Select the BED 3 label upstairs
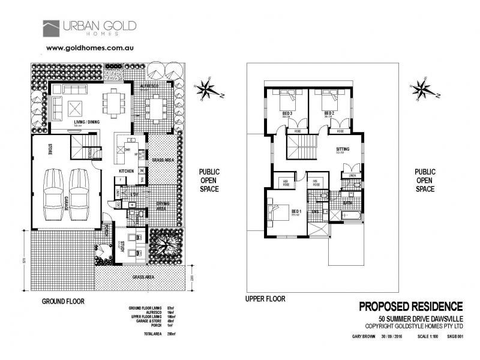pos(287,113)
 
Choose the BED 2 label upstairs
pos(329,113)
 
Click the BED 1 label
pos(295,211)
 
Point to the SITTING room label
pos(343,149)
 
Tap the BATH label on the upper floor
pos(347,203)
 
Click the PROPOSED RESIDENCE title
pos(411,307)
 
